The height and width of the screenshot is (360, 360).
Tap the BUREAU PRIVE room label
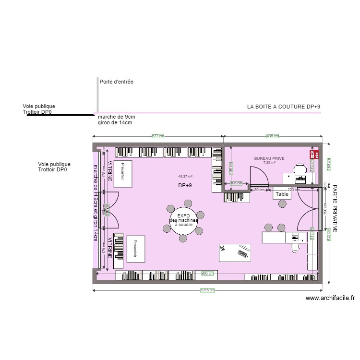tap(269, 158)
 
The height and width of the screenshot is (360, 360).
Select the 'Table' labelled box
tap(282, 194)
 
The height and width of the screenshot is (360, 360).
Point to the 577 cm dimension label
tap(158, 136)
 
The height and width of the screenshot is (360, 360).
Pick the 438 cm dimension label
tap(273, 136)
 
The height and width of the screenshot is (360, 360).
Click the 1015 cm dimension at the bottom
tap(207, 290)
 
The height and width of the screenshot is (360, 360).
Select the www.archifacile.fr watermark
tap(330, 298)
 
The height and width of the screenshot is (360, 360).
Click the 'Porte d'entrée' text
tap(116, 82)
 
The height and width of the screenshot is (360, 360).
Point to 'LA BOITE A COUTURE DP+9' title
tap(283, 107)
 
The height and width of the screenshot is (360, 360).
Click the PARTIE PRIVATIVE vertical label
tap(335, 209)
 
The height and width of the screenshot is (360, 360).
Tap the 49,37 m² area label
tap(185, 176)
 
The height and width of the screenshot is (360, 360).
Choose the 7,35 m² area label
tap(269, 163)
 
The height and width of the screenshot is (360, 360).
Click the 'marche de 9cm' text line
tap(116, 117)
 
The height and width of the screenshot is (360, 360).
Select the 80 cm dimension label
tap(260, 190)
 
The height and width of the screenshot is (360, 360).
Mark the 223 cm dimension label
tap(294, 190)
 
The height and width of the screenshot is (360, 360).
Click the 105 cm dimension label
tap(236, 183)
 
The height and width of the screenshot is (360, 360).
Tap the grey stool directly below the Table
tap(282, 204)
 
